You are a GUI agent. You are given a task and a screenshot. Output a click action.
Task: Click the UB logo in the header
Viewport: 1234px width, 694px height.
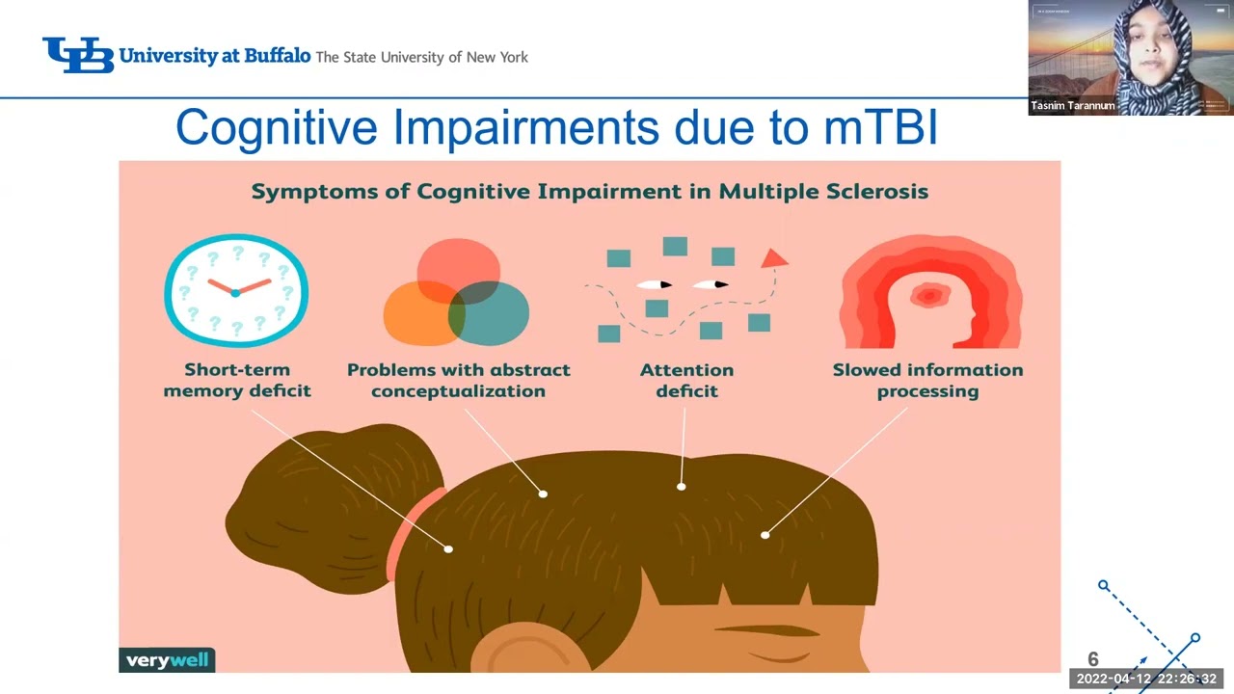click(78, 55)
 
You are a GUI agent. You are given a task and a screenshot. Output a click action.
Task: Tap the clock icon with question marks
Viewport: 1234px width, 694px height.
click(236, 290)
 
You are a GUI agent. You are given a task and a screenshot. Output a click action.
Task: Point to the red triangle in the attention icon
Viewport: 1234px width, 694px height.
click(775, 258)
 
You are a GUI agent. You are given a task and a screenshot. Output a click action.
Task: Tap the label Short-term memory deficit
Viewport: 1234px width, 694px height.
click(237, 380)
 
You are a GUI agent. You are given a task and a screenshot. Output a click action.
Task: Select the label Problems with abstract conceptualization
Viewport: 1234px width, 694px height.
click(459, 380)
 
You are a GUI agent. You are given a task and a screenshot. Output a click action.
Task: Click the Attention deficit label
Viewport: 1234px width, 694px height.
click(686, 380)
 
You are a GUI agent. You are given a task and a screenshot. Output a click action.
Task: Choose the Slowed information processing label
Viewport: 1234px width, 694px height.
click(927, 380)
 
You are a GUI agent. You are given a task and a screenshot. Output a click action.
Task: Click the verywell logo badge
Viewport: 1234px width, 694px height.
click(167, 660)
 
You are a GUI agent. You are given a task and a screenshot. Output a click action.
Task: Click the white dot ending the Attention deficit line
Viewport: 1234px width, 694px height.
click(682, 487)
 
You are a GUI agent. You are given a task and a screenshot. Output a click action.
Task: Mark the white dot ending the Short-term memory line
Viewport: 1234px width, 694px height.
click(448, 548)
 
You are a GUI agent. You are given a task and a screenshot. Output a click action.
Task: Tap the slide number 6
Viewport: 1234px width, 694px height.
click(1092, 659)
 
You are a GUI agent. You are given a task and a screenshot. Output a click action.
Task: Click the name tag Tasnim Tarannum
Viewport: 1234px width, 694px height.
click(1071, 106)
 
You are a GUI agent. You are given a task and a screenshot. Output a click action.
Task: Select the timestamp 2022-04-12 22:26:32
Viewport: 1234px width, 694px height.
click(1146, 679)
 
